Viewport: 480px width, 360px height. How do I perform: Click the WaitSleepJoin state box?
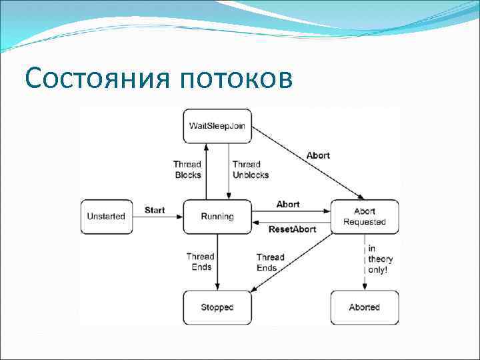click(217, 126)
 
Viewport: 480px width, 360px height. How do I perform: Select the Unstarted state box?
click(106, 216)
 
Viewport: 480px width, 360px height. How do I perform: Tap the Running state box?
click(217, 216)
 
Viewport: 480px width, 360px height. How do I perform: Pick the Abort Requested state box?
click(365, 217)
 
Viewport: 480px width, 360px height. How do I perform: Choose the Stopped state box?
click(217, 307)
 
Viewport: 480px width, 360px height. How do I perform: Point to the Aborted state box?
click(365, 307)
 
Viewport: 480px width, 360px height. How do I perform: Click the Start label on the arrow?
click(155, 210)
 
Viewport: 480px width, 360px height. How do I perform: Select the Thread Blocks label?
click(187, 169)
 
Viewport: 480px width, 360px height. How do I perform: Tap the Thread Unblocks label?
click(251, 169)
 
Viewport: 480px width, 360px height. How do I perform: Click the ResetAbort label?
click(292, 229)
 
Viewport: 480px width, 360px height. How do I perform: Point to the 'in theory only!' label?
click(381, 259)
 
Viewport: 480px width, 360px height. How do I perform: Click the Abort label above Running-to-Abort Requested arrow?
click(288, 204)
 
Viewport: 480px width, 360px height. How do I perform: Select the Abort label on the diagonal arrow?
click(318, 155)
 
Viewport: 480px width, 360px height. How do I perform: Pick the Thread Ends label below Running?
click(199, 262)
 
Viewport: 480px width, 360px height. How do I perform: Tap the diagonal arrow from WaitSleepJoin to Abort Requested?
click(307, 163)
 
